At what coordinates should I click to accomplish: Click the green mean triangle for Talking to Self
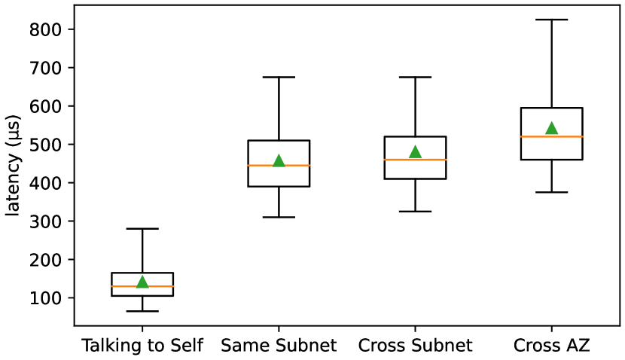[142, 282]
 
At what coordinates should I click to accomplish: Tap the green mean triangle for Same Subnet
[279, 160]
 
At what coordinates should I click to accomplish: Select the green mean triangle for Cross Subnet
[415, 152]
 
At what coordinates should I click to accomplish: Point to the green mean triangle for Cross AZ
[551, 128]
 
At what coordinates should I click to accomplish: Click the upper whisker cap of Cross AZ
[551, 20]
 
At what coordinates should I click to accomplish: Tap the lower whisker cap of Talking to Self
[142, 311]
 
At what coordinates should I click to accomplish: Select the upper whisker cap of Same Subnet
[279, 77]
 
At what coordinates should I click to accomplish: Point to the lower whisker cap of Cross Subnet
[415, 211]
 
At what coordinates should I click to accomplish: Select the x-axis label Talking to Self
[142, 346]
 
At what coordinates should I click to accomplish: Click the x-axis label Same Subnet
[279, 346]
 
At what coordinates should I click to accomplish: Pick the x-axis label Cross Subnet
[415, 346]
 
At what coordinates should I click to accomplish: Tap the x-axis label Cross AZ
[551, 346]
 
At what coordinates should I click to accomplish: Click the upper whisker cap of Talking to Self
[142, 228]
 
